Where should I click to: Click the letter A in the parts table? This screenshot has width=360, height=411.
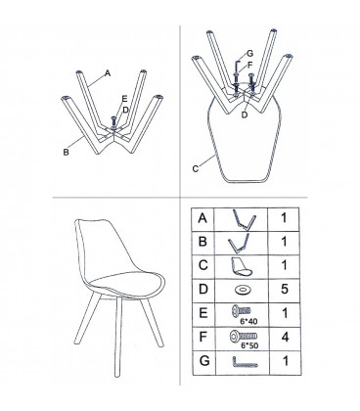click(x=202, y=218)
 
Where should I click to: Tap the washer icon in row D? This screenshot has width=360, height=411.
click(x=242, y=290)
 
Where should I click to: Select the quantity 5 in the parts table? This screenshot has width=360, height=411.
click(x=285, y=289)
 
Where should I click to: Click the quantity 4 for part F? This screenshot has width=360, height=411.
click(x=285, y=337)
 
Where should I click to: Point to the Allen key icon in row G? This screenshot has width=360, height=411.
click(x=245, y=362)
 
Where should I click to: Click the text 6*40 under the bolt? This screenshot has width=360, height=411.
click(x=248, y=321)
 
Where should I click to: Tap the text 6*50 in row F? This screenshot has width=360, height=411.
click(x=249, y=345)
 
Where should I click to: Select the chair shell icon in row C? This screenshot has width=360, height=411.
click(x=242, y=266)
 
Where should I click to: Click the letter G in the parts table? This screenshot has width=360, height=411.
click(x=204, y=361)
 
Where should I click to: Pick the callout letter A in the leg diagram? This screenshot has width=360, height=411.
click(x=108, y=73)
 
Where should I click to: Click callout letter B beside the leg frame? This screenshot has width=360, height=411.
click(x=66, y=153)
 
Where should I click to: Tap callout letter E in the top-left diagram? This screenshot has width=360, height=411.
click(x=124, y=99)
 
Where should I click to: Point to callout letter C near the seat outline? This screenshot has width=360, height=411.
click(x=195, y=169)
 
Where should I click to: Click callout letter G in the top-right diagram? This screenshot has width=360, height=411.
click(x=249, y=53)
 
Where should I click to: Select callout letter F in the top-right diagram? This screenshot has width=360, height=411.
click(x=250, y=66)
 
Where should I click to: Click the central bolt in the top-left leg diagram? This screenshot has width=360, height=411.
click(x=113, y=123)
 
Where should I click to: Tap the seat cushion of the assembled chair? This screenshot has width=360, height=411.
click(x=127, y=283)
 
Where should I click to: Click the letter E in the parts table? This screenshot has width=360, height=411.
click(x=202, y=313)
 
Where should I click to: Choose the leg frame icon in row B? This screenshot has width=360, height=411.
click(x=239, y=243)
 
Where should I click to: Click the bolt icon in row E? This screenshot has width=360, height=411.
click(x=242, y=310)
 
